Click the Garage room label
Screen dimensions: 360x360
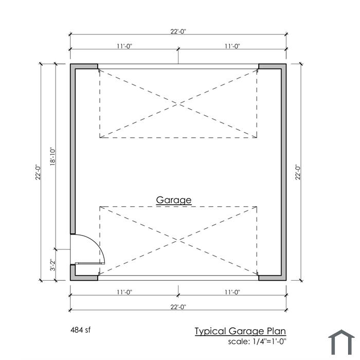(174, 200)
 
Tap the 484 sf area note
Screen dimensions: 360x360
(80, 330)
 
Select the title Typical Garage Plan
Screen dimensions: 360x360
(240, 331)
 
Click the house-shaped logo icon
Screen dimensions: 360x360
(341, 343)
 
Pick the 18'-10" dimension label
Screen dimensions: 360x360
(53, 156)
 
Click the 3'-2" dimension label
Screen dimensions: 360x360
(53, 265)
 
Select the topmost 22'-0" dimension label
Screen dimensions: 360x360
(178, 31)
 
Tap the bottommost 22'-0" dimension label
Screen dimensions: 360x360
(178, 307)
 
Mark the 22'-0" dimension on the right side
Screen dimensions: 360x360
(298, 172)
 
